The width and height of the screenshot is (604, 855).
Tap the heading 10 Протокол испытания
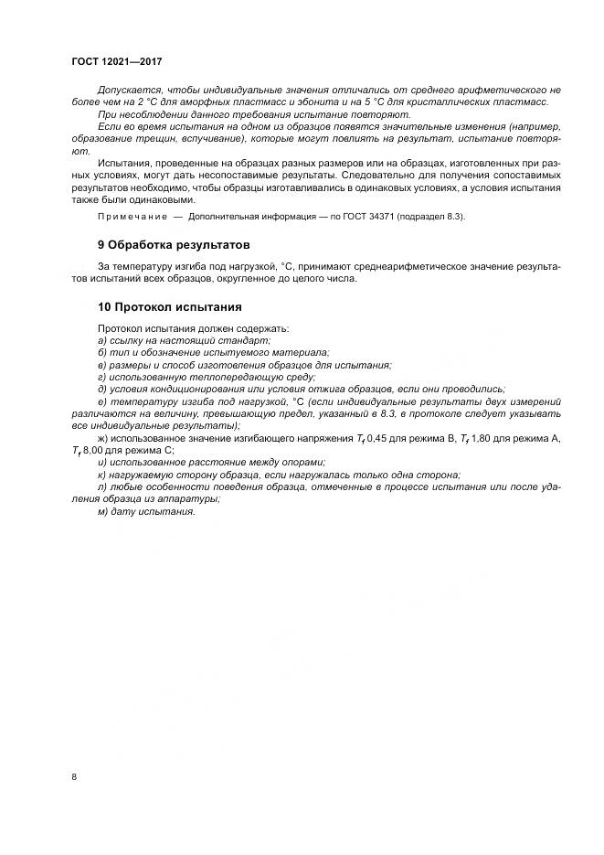(x=169, y=306)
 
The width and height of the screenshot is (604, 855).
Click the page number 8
(x=73, y=776)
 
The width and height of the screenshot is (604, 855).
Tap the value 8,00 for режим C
(x=94, y=450)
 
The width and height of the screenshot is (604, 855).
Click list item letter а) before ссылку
(x=101, y=340)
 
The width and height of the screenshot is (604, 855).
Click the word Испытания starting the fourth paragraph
(x=123, y=162)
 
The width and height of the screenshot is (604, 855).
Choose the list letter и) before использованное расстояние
(x=101, y=462)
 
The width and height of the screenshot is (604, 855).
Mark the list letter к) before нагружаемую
(x=101, y=474)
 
